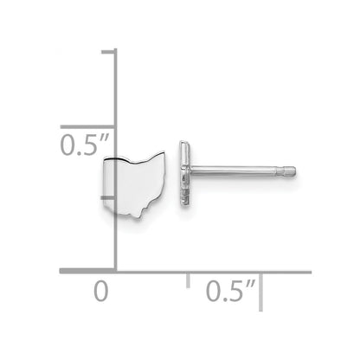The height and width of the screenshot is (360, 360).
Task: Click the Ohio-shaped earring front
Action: [134, 184]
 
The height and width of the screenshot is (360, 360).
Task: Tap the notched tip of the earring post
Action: [289, 170]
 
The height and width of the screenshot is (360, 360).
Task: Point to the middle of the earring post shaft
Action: [235, 170]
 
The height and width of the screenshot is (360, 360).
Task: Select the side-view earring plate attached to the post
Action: [185, 173]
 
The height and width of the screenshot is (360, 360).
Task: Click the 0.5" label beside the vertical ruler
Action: [85, 145]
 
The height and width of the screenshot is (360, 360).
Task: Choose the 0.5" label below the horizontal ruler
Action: [231, 291]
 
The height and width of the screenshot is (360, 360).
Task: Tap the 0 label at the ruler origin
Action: [101, 292]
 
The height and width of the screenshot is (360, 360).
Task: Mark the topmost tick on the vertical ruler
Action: [109, 51]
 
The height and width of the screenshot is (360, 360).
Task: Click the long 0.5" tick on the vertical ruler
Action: [88, 127]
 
